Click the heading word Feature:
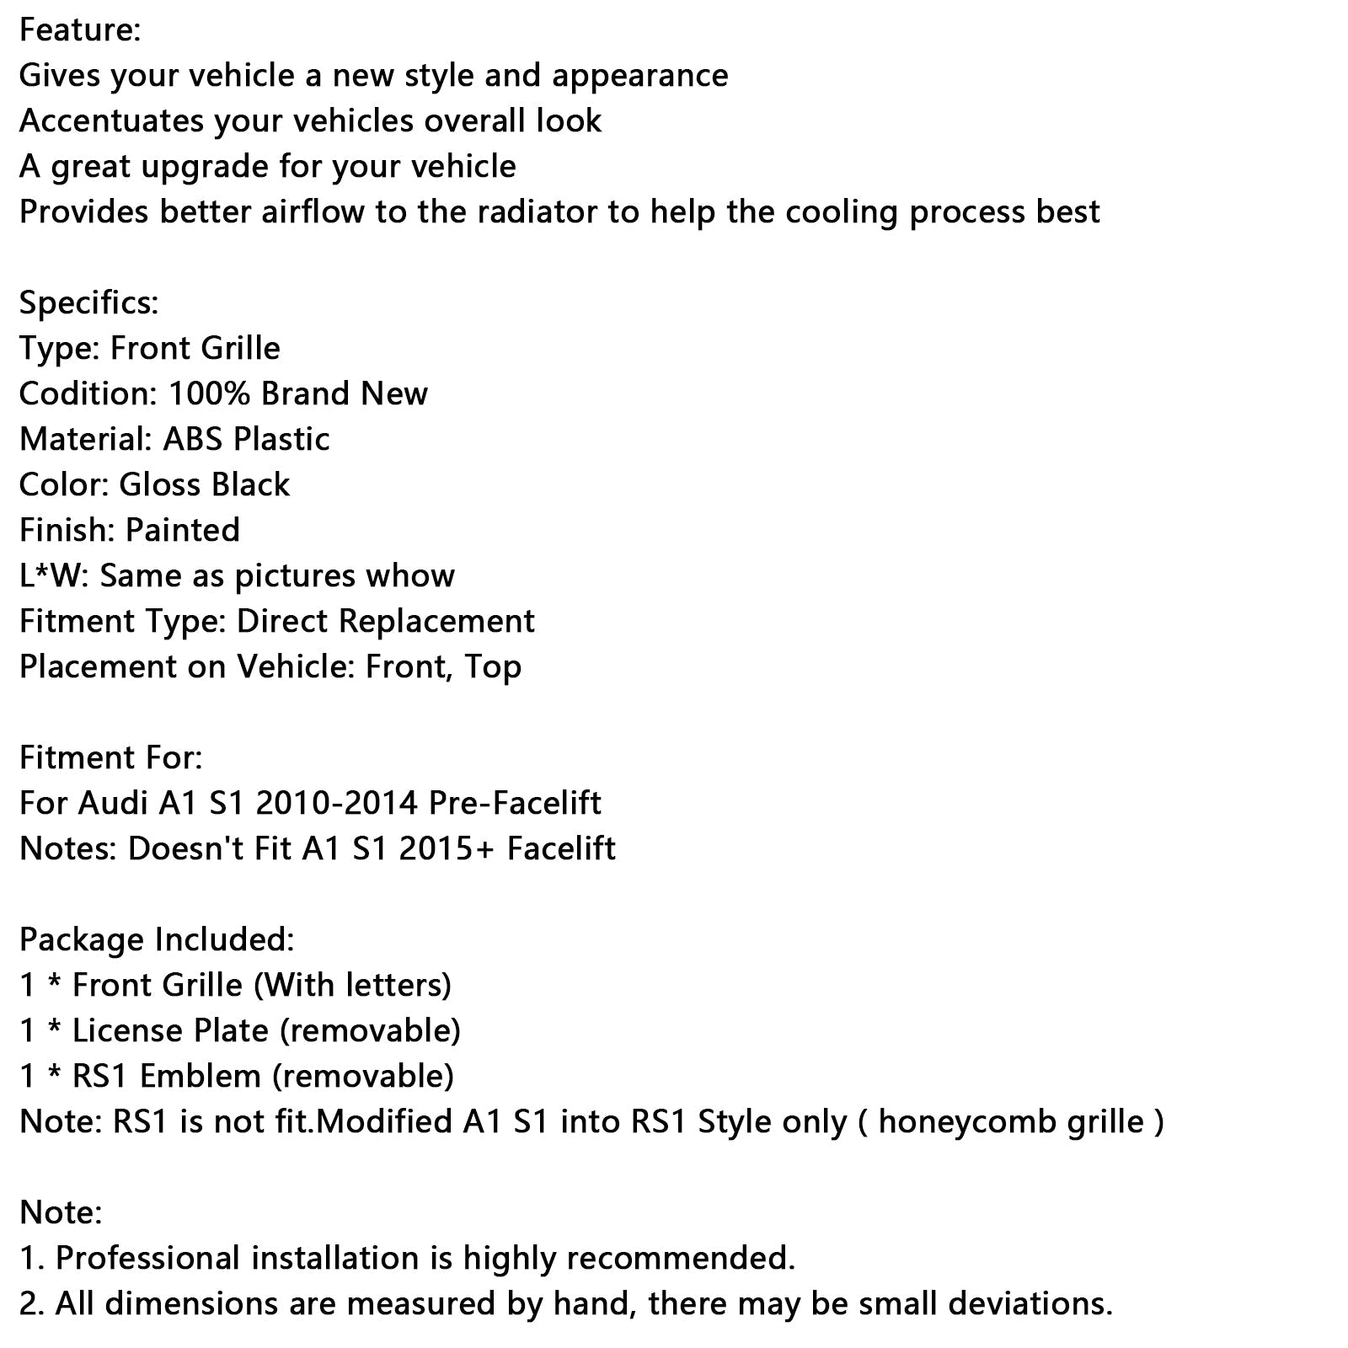tap(80, 30)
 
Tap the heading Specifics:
tap(88, 302)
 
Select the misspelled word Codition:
tap(88, 393)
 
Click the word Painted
tap(183, 530)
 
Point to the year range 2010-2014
tap(336, 803)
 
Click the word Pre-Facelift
tap(515, 803)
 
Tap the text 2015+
tap(447, 848)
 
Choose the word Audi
tap(113, 803)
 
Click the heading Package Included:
tap(157, 939)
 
